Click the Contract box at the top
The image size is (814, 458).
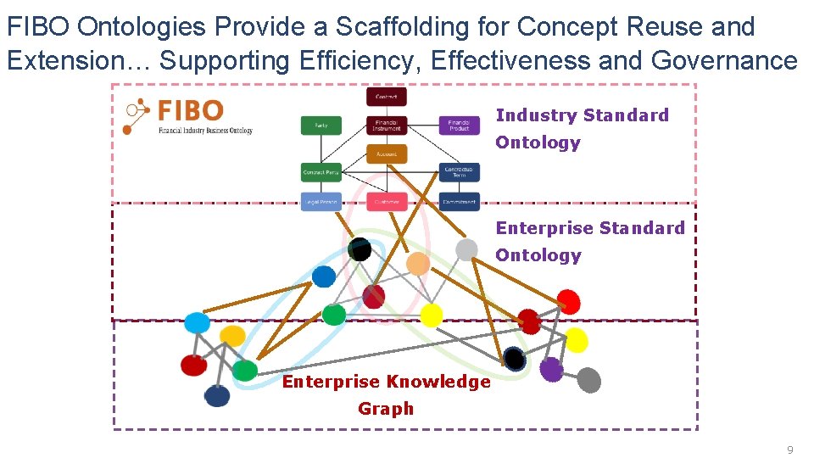(x=387, y=97)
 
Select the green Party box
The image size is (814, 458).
(x=321, y=126)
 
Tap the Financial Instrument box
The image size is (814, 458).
(x=387, y=126)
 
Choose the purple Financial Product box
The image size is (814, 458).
(x=459, y=126)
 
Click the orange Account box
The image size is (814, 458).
(x=387, y=154)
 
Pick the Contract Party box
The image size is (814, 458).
(x=321, y=173)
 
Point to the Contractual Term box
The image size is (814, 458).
(x=459, y=172)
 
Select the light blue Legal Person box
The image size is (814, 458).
(x=321, y=202)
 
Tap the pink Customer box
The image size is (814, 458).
(x=387, y=202)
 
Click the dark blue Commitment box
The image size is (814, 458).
(x=459, y=202)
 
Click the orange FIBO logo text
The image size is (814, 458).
(x=190, y=111)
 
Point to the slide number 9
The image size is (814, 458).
(x=790, y=450)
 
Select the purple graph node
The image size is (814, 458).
(x=551, y=369)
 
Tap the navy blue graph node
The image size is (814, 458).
(x=217, y=395)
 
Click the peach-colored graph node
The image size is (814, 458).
(x=417, y=263)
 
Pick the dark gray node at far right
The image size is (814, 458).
(x=588, y=380)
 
